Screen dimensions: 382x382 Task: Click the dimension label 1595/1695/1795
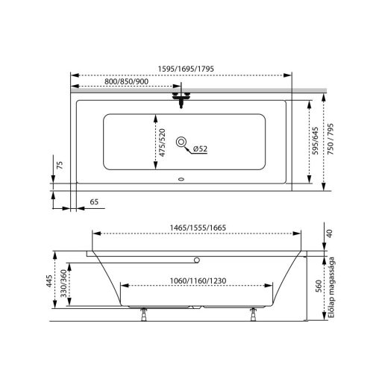[x=186, y=69]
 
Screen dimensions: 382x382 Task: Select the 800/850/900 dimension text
[x=126, y=81]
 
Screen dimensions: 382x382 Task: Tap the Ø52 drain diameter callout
[x=200, y=148]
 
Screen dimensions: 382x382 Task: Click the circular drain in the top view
[x=181, y=142]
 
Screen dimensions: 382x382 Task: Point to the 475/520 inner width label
[x=162, y=143]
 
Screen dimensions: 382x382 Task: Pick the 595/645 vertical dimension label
[x=316, y=141]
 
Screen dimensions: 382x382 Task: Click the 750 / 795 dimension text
[x=331, y=140]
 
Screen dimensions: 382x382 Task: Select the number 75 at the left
[x=60, y=166]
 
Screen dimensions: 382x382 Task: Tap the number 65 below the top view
[x=94, y=201]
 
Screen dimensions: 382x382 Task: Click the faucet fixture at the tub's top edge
[x=181, y=99]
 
